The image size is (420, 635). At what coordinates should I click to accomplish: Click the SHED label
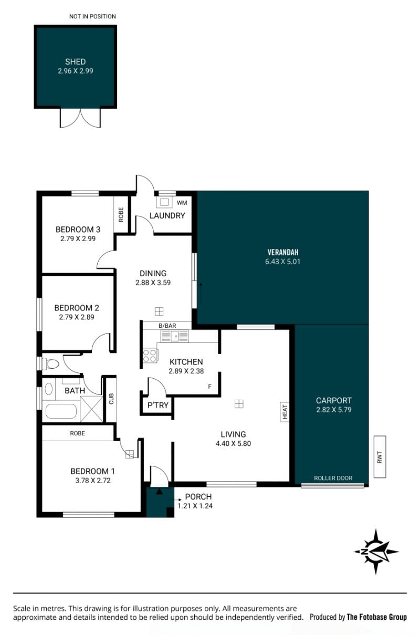pyautogui.click(x=76, y=61)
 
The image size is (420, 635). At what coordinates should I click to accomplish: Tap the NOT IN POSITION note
pyautogui.click(x=93, y=16)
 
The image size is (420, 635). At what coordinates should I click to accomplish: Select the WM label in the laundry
pyautogui.click(x=182, y=203)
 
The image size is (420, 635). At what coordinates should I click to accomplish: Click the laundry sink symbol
pyautogui.click(x=165, y=202)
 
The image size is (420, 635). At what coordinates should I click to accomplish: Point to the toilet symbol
pyautogui.click(x=50, y=363)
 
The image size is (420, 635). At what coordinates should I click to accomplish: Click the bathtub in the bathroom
pyautogui.click(x=61, y=411)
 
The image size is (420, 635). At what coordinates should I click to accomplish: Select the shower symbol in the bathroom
pyautogui.click(x=91, y=409)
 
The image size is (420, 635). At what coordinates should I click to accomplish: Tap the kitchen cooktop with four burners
pyautogui.click(x=150, y=356)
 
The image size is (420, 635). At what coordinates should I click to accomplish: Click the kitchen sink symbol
pyautogui.click(x=175, y=336)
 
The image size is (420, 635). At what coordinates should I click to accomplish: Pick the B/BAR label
pyautogui.click(x=167, y=326)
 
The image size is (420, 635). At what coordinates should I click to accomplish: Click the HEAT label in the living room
pyautogui.click(x=285, y=412)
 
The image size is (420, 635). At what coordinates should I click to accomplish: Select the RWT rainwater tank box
pyautogui.click(x=380, y=457)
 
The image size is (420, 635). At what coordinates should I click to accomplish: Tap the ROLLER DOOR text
pyautogui.click(x=333, y=478)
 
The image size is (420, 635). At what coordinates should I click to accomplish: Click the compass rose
pyautogui.click(x=376, y=551)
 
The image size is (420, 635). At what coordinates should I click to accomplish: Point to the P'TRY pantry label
pyautogui.click(x=158, y=405)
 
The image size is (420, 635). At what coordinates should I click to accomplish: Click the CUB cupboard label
pyautogui.click(x=111, y=399)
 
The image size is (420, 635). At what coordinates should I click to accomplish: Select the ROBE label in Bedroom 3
pyautogui.click(x=121, y=215)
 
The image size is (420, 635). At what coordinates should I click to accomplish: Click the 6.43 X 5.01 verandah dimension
pyautogui.click(x=282, y=262)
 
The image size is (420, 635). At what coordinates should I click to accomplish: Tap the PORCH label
pyautogui.click(x=198, y=497)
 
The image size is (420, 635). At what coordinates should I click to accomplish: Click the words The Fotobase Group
pyautogui.click(x=376, y=617)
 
